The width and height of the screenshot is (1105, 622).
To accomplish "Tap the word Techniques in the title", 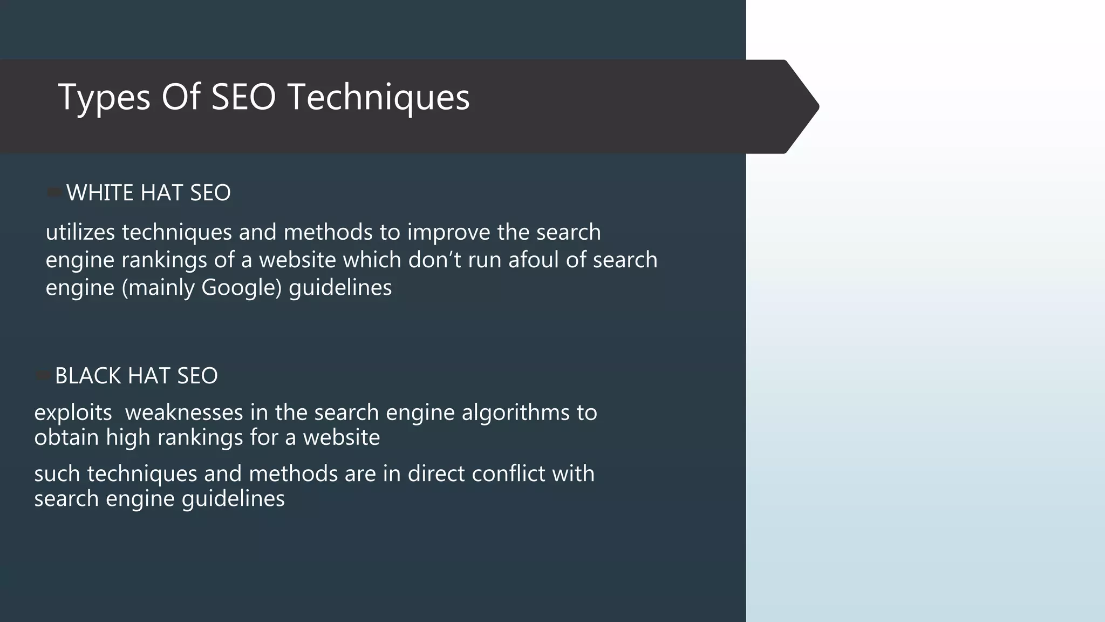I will coord(378,98).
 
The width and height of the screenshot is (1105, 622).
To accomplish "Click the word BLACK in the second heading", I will coord(88,376).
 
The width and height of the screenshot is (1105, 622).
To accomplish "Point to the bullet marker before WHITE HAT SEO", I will coord(54,192).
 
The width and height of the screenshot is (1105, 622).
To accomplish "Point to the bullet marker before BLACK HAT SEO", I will coord(43,375).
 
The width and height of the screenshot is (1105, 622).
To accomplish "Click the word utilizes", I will coord(80,232).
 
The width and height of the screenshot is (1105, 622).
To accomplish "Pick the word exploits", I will coord(73,413).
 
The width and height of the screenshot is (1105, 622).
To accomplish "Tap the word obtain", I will coord(66,437).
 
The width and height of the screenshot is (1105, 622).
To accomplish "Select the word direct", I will coord(435,474).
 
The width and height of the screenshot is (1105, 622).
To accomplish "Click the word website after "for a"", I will coord(341,437).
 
